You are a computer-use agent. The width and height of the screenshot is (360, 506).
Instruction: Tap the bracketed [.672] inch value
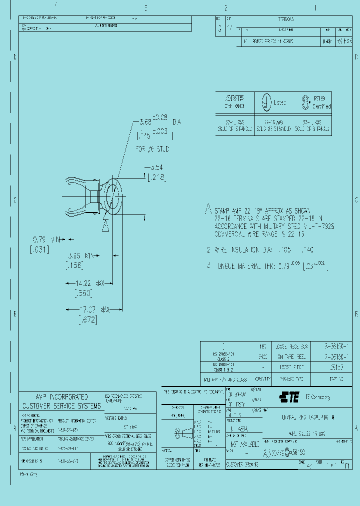coord(87,319)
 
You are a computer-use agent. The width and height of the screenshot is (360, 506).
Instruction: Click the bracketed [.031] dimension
coord(39,249)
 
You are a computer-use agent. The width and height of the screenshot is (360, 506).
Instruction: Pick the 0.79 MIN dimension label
coord(46,239)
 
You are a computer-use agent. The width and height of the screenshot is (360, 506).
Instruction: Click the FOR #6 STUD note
coord(152,148)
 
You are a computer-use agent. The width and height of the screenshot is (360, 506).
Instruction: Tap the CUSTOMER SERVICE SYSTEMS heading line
coord(60,405)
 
